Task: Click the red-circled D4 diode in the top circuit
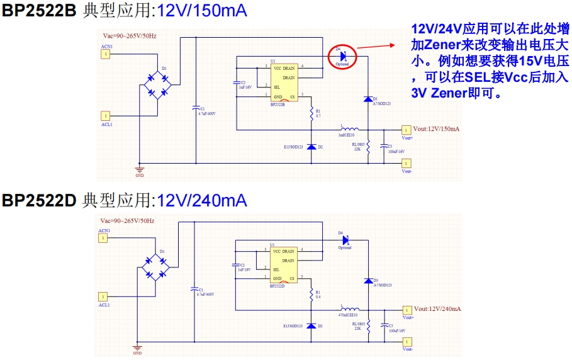tap(342, 55)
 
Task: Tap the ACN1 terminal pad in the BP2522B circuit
tap(106, 55)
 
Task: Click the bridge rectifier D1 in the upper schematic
tap(157, 84)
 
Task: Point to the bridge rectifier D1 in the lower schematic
tap(155, 267)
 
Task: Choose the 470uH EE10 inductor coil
tap(350, 310)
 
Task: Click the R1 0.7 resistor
tap(311, 113)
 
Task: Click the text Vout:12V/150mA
tap(436, 128)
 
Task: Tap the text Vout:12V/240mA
tap(437, 309)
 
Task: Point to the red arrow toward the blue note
tap(378, 47)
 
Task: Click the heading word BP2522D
tap(38, 201)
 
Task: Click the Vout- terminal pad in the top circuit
tap(406, 164)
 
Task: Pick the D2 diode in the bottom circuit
tap(311, 327)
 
